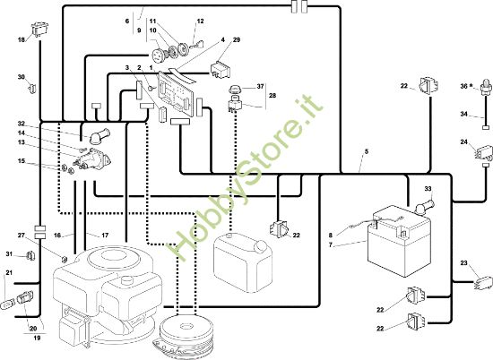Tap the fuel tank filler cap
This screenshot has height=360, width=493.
[x=260, y=246]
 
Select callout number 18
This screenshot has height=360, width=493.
[x=22, y=40]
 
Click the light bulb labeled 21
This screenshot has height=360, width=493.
[x=7, y=304]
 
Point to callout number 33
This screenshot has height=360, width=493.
[x=428, y=188]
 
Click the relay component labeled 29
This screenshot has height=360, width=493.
[x=221, y=70]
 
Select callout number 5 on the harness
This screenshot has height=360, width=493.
[x=367, y=151]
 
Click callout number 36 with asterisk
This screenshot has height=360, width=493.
[x=467, y=86]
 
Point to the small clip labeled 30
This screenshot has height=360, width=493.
[x=32, y=89]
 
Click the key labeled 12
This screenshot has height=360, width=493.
[x=196, y=46]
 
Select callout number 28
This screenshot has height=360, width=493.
[x=272, y=95]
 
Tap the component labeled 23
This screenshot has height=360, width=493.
[x=483, y=282]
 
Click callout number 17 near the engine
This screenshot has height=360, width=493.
[x=105, y=235]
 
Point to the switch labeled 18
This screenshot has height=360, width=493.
[x=40, y=29]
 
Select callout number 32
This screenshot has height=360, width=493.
[x=22, y=124]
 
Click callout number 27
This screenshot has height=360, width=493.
[x=22, y=236]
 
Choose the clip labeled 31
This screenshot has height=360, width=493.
[x=30, y=256]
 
